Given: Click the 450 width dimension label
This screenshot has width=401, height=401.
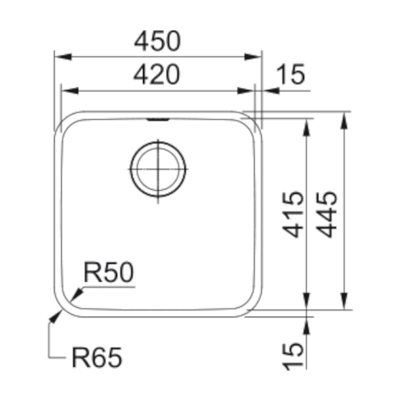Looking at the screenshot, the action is click(157, 41).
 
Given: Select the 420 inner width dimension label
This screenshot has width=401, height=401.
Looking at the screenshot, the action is click(157, 75).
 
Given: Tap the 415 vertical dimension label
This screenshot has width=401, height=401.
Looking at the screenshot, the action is click(293, 214).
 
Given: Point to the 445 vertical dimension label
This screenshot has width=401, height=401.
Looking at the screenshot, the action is click(326, 214).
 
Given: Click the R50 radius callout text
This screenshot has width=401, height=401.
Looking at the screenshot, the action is click(109, 272).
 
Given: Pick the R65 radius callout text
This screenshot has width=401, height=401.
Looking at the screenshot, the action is click(97, 357).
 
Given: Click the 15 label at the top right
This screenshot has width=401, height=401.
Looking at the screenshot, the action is click(291, 75).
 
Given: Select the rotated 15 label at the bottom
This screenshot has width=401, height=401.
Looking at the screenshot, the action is click(293, 356).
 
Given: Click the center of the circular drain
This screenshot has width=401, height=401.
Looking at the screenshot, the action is click(158, 169).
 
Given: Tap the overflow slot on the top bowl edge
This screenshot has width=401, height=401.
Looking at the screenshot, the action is click(158, 119).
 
